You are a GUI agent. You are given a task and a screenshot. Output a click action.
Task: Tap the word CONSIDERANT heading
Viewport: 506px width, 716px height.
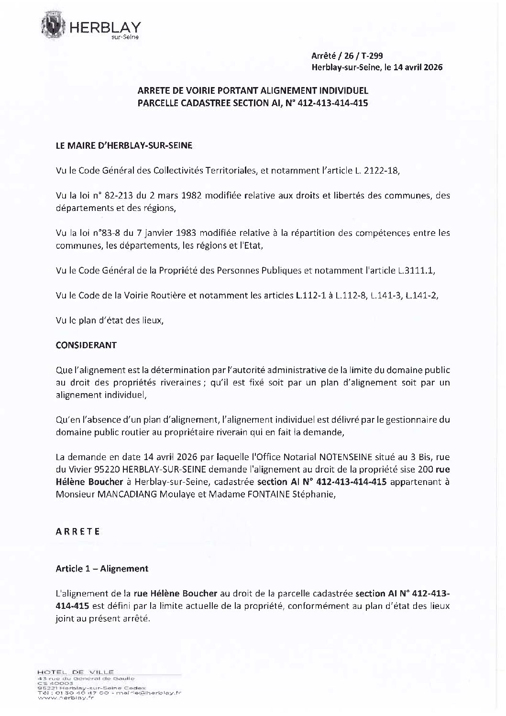click(x=86, y=345)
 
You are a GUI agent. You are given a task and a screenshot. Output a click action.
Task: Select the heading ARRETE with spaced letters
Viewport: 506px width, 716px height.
click(x=77, y=531)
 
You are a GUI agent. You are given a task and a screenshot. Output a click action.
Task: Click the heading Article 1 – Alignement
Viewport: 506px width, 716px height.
click(x=102, y=568)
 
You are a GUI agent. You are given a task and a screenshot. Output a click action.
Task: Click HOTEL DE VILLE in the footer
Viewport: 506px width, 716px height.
click(x=74, y=672)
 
